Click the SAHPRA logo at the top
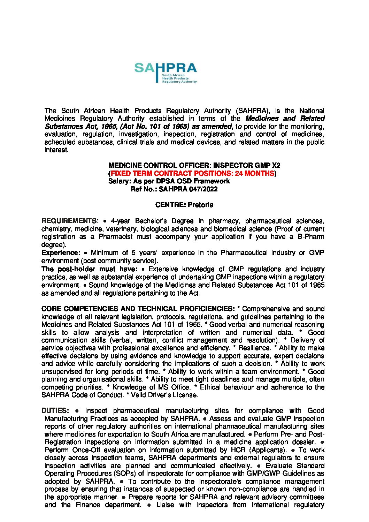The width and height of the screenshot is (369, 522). [166, 73]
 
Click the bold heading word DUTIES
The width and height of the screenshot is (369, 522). [55, 410]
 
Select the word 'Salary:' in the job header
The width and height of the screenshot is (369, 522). [120, 181]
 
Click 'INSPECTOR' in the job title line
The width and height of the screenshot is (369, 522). [232, 165]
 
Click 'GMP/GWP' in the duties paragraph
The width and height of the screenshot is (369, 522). [260, 473]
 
